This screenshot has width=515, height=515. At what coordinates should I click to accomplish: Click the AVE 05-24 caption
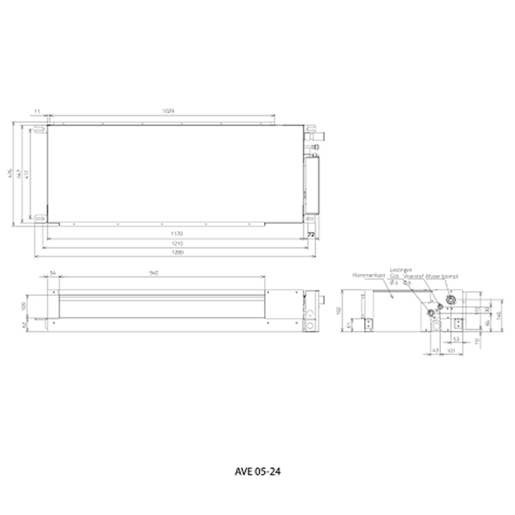point(258,472)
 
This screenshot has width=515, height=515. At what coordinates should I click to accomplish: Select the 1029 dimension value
point(169,111)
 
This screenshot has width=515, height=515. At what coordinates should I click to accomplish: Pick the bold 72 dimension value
point(311,234)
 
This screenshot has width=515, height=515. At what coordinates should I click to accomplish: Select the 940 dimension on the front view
point(153,273)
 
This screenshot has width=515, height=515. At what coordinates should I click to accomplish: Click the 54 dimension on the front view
point(52,273)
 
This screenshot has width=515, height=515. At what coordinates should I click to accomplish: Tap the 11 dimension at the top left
point(36,111)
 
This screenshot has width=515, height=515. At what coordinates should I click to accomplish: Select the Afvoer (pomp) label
point(441,275)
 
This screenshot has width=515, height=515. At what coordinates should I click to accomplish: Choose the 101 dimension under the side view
point(451,350)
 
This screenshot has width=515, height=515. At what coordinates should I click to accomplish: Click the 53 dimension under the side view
point(456,339)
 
